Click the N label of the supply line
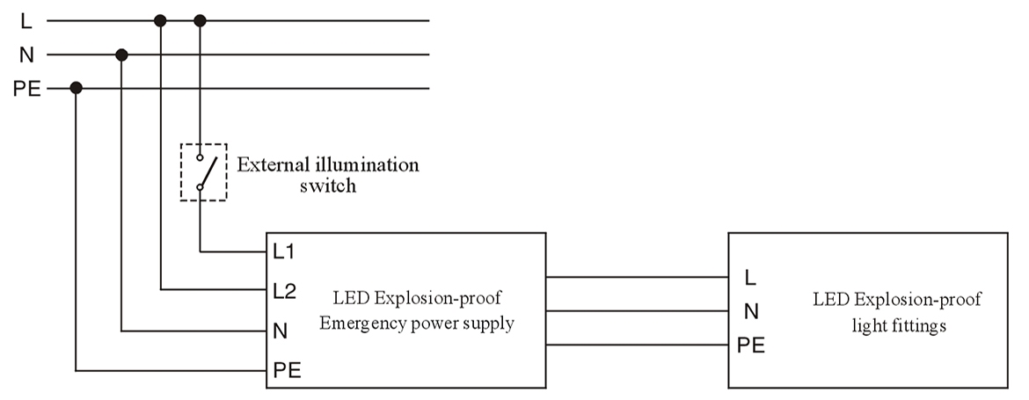[x=26, y=55]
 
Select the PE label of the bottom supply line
[x=26, y=89]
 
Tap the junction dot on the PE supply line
[x=77, y=88]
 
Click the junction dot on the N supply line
[x=122, y=55]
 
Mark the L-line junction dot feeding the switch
[x=200, y=19]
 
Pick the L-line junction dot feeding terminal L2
[x=160, y=19]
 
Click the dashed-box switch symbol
[x=203, y=172]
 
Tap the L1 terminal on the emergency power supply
[x=283, y=252]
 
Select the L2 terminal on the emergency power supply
[x=283, y=290]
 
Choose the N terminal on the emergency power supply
[x=280, y=332]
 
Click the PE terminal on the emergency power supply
[x=287, y=371]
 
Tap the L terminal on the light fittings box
[x=749, y=278]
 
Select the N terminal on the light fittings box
[x=750, y=311]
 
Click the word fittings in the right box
[x=919, y=325]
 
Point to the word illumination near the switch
[x=367, y=165]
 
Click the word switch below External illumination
[x=327, y=186]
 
